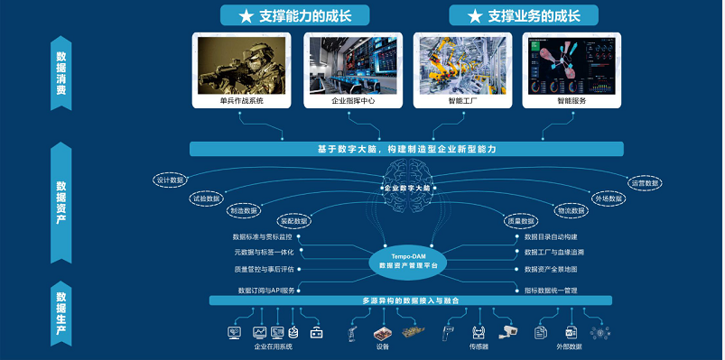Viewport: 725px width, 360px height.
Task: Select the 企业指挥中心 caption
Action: [x=351, y=101]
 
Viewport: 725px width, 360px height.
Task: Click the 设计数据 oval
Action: [x=170, y=180]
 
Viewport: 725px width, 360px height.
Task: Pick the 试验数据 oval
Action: [x=207, y=197]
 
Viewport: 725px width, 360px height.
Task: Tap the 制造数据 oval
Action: [x=244, y=210]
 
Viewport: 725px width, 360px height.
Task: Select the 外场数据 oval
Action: [x=609, y=198]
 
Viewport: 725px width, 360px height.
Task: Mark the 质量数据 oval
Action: [x=522, y=221]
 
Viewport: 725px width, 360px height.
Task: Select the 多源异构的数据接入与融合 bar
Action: [x=408, y=300]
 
